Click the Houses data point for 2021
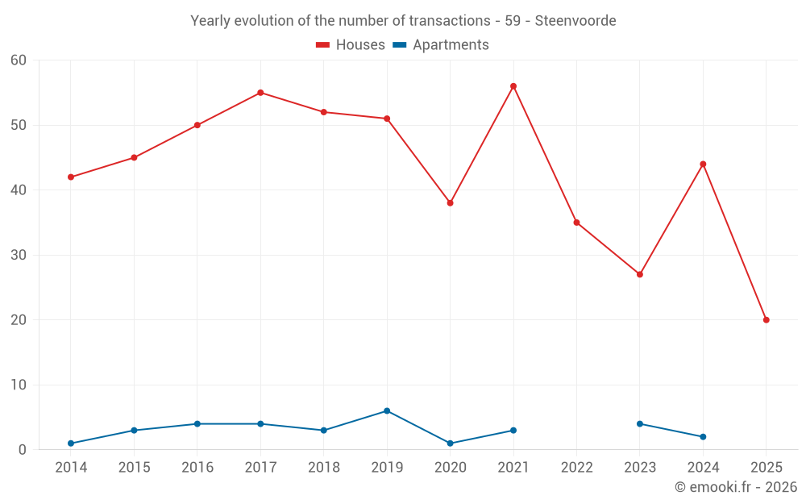(513, 86)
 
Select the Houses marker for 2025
(767, 320)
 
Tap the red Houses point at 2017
(260, 93)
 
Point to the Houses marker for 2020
(450, 203)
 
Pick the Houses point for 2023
(640, 274)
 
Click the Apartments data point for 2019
(387, 411)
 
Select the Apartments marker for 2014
(71, 444)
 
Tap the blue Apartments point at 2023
(640, 424)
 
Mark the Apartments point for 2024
(703, 437)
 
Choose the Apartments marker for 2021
(513, 431)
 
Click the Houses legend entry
(351, 45)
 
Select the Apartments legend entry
(441, 45)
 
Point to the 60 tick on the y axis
(19, 60)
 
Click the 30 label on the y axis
(19, 256)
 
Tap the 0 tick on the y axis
(23, 450)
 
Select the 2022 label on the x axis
(576, 468)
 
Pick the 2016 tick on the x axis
(197, 468)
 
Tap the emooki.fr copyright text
(736, 487)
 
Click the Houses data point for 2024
(703, 165)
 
